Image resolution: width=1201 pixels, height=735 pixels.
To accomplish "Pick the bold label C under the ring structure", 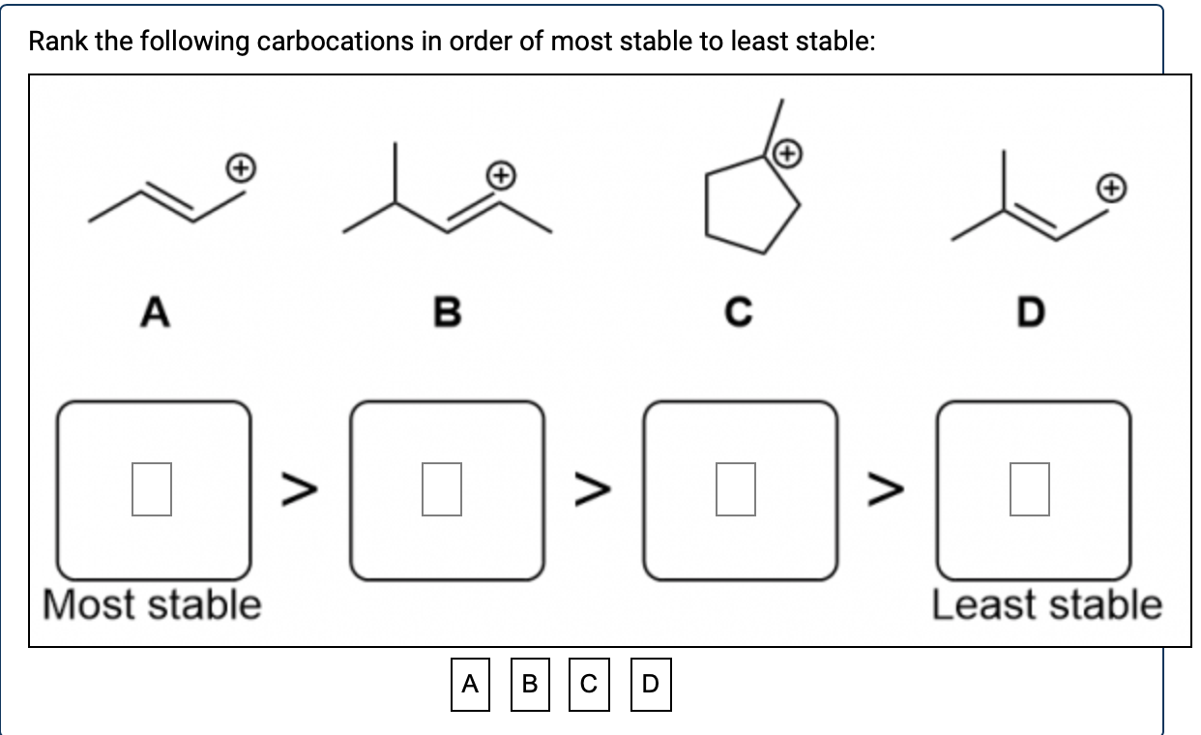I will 739,312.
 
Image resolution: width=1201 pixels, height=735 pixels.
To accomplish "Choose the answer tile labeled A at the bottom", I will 470,685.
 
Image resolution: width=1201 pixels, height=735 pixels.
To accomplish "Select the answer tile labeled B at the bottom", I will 530,685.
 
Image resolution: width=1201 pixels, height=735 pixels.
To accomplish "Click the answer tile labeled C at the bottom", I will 590,685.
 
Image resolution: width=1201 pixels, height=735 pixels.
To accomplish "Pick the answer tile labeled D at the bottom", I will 650,685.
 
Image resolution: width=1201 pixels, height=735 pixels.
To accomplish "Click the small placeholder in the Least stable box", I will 1030,489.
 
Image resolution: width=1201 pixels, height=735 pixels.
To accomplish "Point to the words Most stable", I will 152,604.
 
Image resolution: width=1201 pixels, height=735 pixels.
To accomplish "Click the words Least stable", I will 1046,604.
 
